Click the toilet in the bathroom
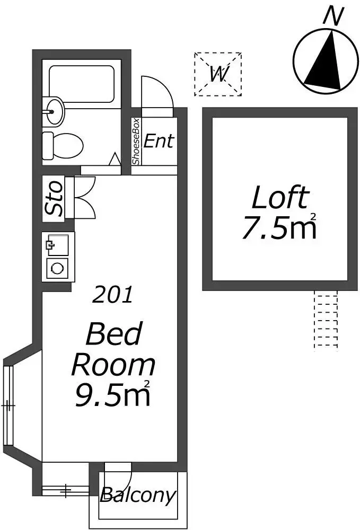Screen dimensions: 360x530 63,145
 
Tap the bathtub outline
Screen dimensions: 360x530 81,84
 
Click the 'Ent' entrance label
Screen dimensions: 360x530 159,140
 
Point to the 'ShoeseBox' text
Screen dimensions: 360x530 136,142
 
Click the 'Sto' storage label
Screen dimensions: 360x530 54,198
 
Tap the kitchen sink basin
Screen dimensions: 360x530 57,245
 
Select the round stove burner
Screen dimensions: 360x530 57,269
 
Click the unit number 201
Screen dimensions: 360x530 112,294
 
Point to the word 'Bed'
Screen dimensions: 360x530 114,333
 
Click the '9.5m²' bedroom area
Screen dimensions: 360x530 112,393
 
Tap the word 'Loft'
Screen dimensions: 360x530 280,197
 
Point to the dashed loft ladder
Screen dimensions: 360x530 326,321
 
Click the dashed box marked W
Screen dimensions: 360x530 218,74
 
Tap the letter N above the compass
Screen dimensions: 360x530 333,16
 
